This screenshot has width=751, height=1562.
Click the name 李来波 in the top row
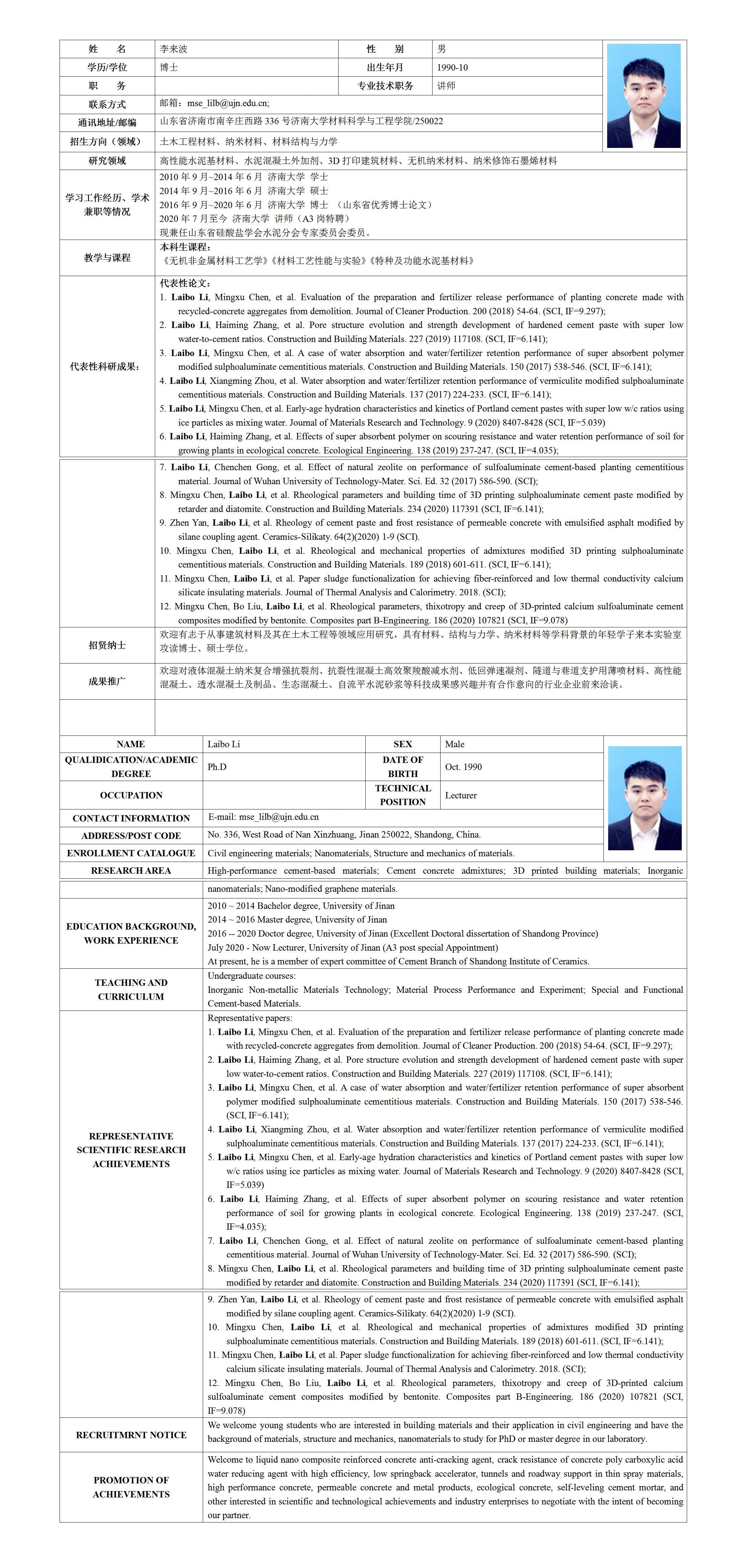[174, 49]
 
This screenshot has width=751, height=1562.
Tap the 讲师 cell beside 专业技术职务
[446, 86]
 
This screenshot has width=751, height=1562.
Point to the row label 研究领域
[107, 161]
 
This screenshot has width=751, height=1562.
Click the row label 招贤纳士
[107, 645]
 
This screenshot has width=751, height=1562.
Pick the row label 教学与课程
[107, 258]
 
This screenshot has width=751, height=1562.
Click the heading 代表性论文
[185, 283]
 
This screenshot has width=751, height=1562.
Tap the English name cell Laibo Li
[224, 744]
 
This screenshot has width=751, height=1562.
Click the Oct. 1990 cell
[464, 767]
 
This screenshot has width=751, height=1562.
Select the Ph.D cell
[217, 767]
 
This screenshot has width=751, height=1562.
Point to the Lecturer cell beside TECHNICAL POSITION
[461, 795]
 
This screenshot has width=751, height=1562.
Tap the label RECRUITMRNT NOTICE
[131, 1435]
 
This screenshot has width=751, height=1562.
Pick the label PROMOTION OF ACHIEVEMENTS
[131, 1487]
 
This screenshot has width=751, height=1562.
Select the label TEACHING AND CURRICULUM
[131, 989]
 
